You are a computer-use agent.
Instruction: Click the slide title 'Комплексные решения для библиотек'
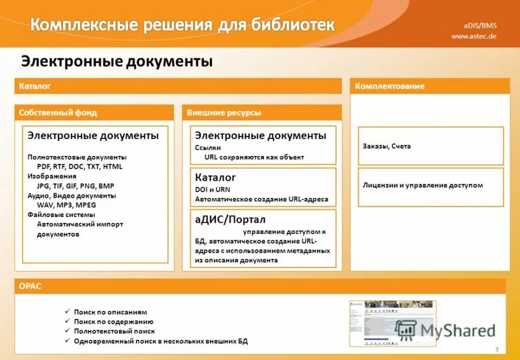(x=183, y=25)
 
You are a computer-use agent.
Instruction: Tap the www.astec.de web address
(x=474, y=36)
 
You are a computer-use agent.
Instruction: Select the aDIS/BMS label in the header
(x=480, y=25)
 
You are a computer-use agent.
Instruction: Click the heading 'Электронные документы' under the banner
(x=117, y=62)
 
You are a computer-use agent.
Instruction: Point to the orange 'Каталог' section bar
(x=177, y=86)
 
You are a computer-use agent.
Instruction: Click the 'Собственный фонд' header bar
(x=94, y=112)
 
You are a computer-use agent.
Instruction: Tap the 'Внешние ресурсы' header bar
(x=261, y=112)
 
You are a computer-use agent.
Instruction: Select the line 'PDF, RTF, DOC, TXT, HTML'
(x=79, y=166)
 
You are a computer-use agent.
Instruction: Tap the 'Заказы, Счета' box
(x=430, y=146)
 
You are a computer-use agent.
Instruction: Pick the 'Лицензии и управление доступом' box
(x=430, y=185)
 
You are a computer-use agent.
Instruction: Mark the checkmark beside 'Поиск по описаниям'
(x=67, y=312)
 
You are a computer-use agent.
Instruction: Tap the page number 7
(x=497, y=350)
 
